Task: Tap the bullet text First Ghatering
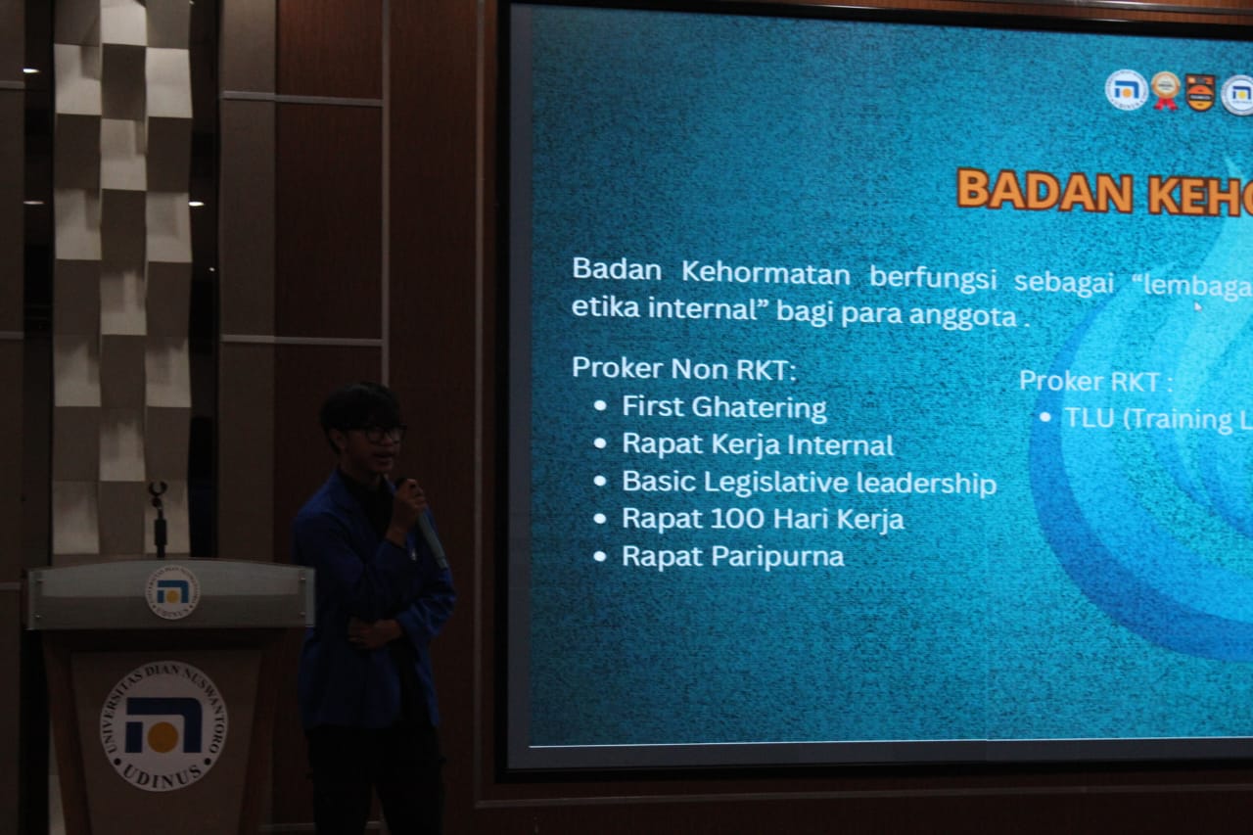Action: point(724,407)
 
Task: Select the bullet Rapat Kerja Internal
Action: point(758,444)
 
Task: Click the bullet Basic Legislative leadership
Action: point(809,483)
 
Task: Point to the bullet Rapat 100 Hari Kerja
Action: point(763,519)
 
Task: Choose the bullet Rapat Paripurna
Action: point(732,557)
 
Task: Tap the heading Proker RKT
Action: point(1094,381)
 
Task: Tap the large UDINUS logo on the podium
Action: point(163,723)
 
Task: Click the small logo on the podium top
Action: point(172,592)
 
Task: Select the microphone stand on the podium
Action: point(158,519)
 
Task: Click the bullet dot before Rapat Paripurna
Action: point(600,557)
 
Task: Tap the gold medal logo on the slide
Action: point(1165,89)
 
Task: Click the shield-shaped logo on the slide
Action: point(1200,92)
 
